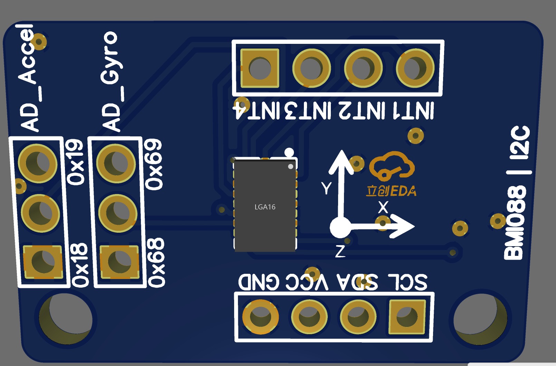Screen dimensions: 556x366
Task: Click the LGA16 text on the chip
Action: coord(265,207)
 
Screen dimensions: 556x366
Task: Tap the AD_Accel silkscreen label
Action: coord(28,78)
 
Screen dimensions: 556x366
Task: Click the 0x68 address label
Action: coord(156,262)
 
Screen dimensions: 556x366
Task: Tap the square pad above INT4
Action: coord(260,68)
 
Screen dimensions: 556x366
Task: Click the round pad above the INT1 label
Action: coord(415,68)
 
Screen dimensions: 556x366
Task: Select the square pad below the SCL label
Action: coord(407,317)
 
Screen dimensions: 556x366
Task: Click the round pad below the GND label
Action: coord(260,317)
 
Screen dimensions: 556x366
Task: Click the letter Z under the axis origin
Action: coord(340,251)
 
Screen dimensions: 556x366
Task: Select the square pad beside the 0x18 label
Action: coord(43,262)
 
